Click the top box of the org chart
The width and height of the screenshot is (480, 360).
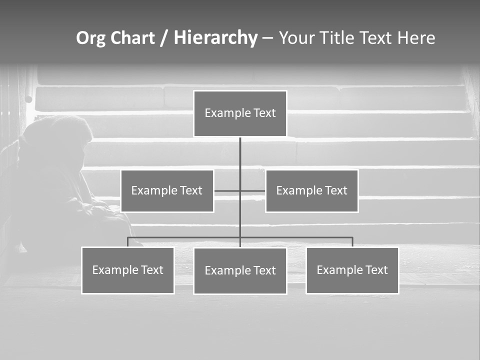[240, 113]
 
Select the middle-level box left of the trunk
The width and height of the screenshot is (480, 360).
[167, 190]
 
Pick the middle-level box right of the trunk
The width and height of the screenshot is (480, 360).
[311, 190]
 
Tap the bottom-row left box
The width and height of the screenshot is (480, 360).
[127, 270]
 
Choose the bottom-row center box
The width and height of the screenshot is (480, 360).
[240, 270]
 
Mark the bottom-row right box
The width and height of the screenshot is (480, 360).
[352, 270]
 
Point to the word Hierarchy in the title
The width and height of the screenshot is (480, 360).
[215, 38]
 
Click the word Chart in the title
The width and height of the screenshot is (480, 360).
[131, 38]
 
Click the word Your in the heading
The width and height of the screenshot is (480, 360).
[296, 38]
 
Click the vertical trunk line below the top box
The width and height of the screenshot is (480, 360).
[240, 155]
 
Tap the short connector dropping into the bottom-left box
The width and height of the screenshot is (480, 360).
[127, 242]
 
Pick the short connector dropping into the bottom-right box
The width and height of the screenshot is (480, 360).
[352, 242]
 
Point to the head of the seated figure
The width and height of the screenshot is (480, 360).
[57, 132]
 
